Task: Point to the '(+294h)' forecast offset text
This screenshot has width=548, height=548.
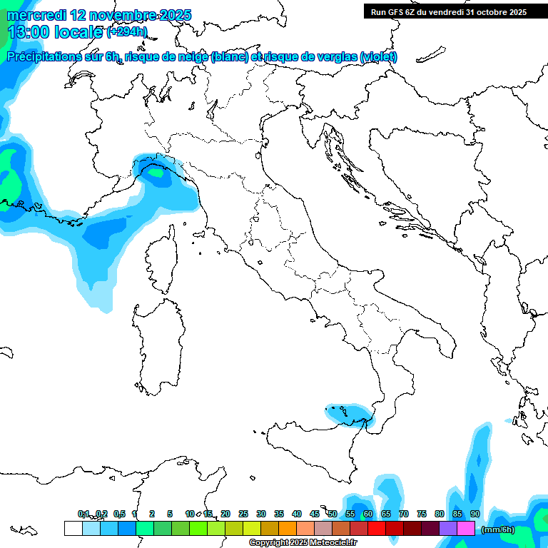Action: coord(127,32)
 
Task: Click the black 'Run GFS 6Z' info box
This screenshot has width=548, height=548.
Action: coord(448,11)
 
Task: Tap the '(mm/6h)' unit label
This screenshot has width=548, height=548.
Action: coord(498,529)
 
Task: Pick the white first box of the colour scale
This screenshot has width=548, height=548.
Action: coord(73,528)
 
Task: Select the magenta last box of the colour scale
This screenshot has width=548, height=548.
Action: coord(466,528)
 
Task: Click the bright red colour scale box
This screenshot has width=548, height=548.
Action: coord(377,528)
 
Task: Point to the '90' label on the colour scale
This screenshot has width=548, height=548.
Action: coord(475,514)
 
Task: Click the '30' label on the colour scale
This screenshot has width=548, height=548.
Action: coord(261,514)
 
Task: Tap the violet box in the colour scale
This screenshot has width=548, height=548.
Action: coord(448,528)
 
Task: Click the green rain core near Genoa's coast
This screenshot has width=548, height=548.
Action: coord(155,171)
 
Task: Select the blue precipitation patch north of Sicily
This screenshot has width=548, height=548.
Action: coord(348,413)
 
